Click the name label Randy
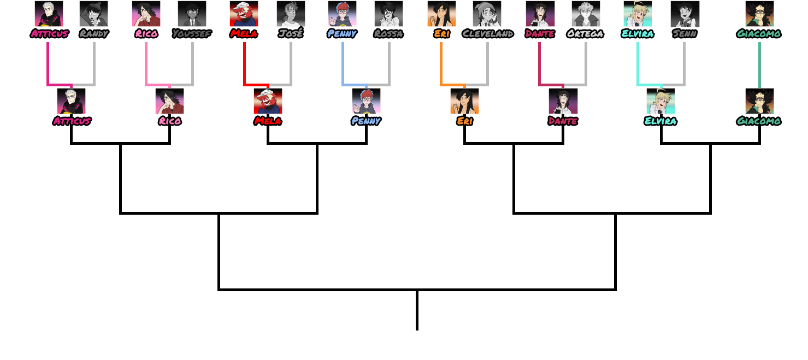click(x=93, y=34)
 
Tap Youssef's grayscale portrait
click(x=192, y=14)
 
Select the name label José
click(x=290, y=34)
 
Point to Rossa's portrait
click(x=388, y=14)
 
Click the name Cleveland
click(x=487, y=34)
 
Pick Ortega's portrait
click(x=586, y=14)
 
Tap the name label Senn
click(x=684, y=34)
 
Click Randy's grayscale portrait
click(x=93, y=14)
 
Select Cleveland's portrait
click(x=487, y=14)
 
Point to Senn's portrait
click(x=684, y=14)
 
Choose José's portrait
click(x=290, y=14)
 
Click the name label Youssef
click(x=192, y=34)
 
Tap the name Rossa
click(x=388, y=34)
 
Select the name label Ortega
click(x=586, y=34)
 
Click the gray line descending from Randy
click(x=94, y=63)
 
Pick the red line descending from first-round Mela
click(x=244, y=63)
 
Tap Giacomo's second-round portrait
click(x=759, y=101)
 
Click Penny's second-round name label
click(x=366, y=121)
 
